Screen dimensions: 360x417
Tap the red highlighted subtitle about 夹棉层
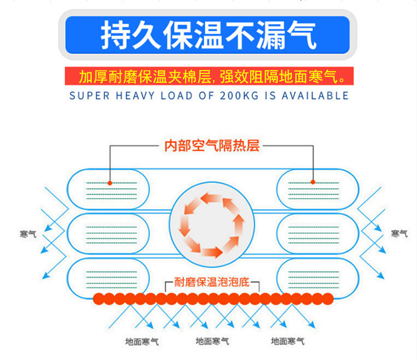pyautogui.click(x=209, y=76)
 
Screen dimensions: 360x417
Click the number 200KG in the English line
pyautogui.click(x=239, y=96)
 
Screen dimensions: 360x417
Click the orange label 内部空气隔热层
pyautogui.click(x=212, y=146)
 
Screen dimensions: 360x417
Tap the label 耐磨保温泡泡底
pyautogui.click(x=212, y=282)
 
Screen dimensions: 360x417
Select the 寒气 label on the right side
pyautogui.click(x=399, y=234)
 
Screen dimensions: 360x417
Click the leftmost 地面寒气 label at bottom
pyautogui.click(x=142, y=341)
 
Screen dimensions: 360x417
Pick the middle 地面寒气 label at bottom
pyautogui.click(x=212, y=341)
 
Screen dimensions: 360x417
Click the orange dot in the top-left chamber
pyautogui.click(x=110, y=183)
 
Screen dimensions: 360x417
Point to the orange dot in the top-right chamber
pyautogui.click(x=313, y=182)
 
